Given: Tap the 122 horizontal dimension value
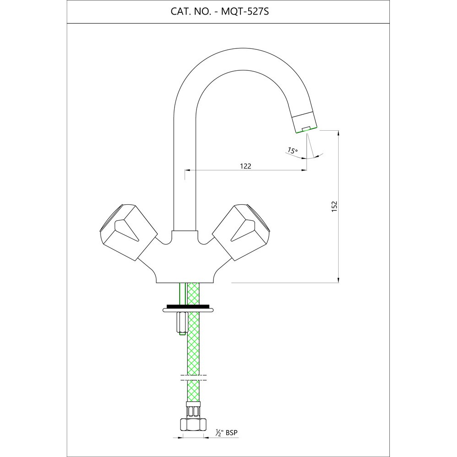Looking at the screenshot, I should (x=246, y=166).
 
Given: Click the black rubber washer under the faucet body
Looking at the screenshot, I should (x=188, y=306).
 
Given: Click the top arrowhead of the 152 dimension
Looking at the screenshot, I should (x=338, y=133).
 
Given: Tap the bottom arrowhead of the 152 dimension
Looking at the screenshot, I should (x=338, y=279).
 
